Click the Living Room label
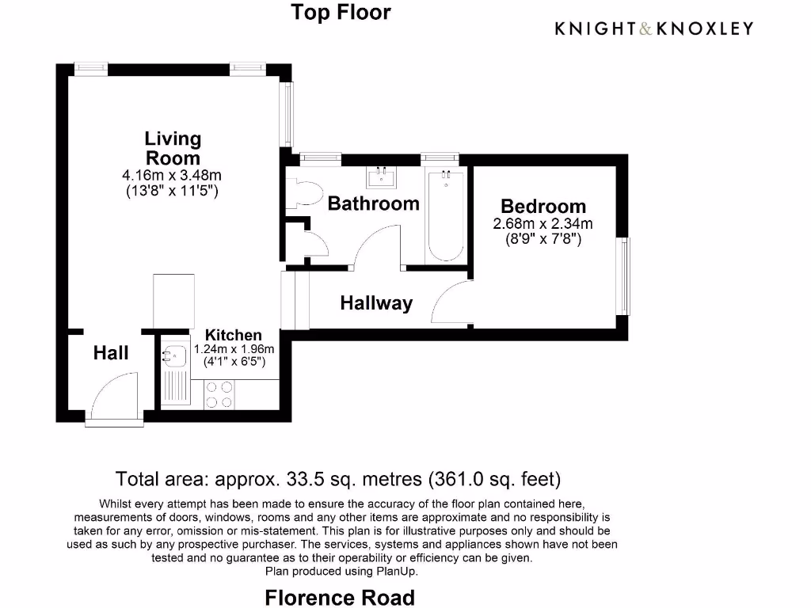point(173,148)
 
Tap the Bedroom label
point(543,207)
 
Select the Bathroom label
point(373,203)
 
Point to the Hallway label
point(376,303)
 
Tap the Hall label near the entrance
point(111,353)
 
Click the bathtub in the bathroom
point(446,216)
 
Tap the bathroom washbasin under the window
point(383,177)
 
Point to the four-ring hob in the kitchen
point(219,394)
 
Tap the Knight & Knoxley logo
point(653,28)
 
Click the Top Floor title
point(341,13)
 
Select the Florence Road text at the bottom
point(340,597)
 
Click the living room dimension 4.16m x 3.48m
point(172,176)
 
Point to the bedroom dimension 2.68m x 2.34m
point(543,224)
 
